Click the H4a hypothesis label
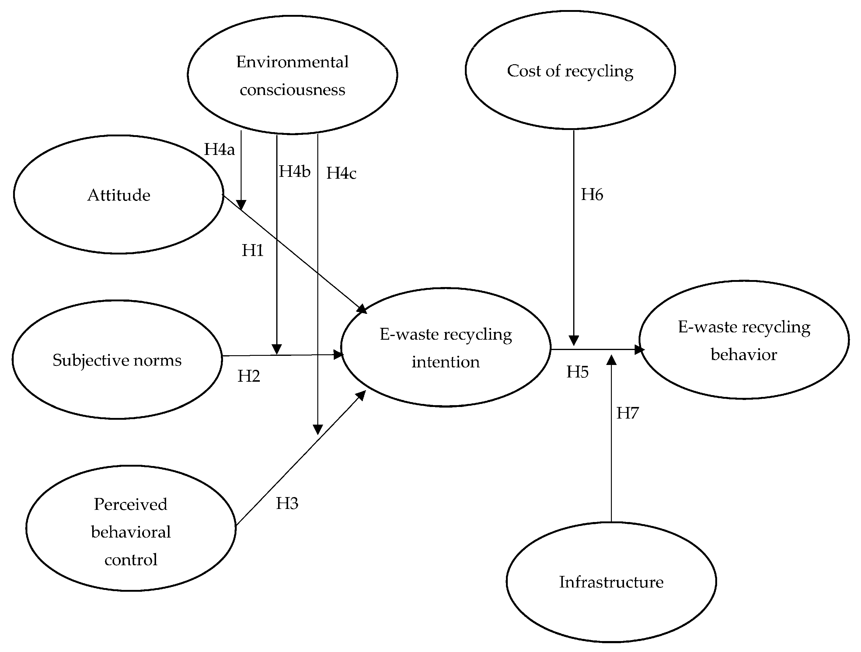point(220,149)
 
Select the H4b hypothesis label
point(295,172)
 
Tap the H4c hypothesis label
point(341,173)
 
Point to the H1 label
point(253,251)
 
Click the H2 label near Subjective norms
point(249,376)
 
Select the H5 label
point(577,372)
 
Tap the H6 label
point(592,195)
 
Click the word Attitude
point(119,195)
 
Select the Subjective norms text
point(117,361)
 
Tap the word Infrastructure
point(611,582)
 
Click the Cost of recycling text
point(570,71)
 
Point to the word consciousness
point(292,90)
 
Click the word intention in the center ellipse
point(446,362)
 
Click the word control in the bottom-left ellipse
point(131,560)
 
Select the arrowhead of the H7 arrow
point(612,360)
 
